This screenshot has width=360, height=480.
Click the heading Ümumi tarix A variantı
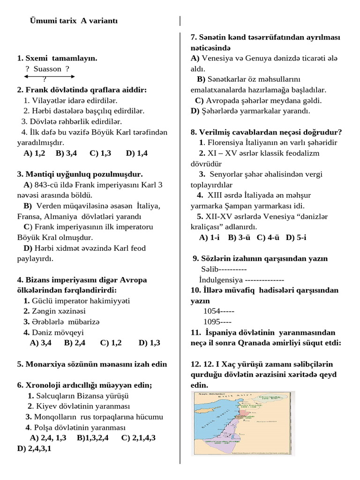coord(74,21)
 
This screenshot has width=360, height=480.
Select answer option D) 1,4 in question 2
coord(137,153)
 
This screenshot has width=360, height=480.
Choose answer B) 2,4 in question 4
coord(75,343)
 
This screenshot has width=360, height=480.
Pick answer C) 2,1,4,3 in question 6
coord(138,438)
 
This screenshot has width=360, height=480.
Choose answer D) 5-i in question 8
coord(296,238)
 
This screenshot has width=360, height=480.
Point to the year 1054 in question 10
coord(212,311)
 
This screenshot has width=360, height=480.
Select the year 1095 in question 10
coord(212,322)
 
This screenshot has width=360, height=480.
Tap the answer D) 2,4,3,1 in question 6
coord(34,449)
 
